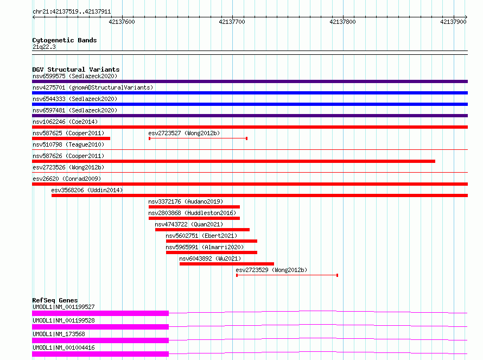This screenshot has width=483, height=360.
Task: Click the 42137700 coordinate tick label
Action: coord(232,22)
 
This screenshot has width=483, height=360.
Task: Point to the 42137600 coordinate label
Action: coord(122,22)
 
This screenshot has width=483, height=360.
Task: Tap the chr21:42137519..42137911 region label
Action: coord(72,12)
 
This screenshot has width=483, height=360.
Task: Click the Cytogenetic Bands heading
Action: coord(65,40)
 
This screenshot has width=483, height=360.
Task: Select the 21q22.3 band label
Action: coord(44,47)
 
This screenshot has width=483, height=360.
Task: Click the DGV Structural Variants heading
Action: coord(76,70)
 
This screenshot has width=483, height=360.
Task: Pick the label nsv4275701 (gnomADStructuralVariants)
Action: coord(93,87)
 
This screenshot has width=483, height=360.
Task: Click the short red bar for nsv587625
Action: coord(71,138)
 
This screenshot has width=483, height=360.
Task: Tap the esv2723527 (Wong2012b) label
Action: coord(184,133)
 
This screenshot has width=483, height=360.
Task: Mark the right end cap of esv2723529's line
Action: coord(338,275)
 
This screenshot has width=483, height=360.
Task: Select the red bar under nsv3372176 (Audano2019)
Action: coord(194,207)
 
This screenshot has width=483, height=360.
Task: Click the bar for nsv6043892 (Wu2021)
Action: coord(227,264)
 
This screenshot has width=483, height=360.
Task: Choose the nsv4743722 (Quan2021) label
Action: coord(189,224)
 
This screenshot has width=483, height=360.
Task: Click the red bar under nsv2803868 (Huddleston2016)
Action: coord(194,218)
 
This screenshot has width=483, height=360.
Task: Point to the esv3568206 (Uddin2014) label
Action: coord(87,190)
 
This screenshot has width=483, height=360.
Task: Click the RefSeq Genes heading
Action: coord(55,300)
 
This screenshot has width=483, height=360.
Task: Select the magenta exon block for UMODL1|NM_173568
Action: coord(100,340)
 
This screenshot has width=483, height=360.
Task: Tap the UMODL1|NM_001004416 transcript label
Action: coord(63,348)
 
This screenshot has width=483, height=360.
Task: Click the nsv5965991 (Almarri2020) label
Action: coord(205,247)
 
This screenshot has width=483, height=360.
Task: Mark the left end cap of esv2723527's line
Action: coord(149,138)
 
